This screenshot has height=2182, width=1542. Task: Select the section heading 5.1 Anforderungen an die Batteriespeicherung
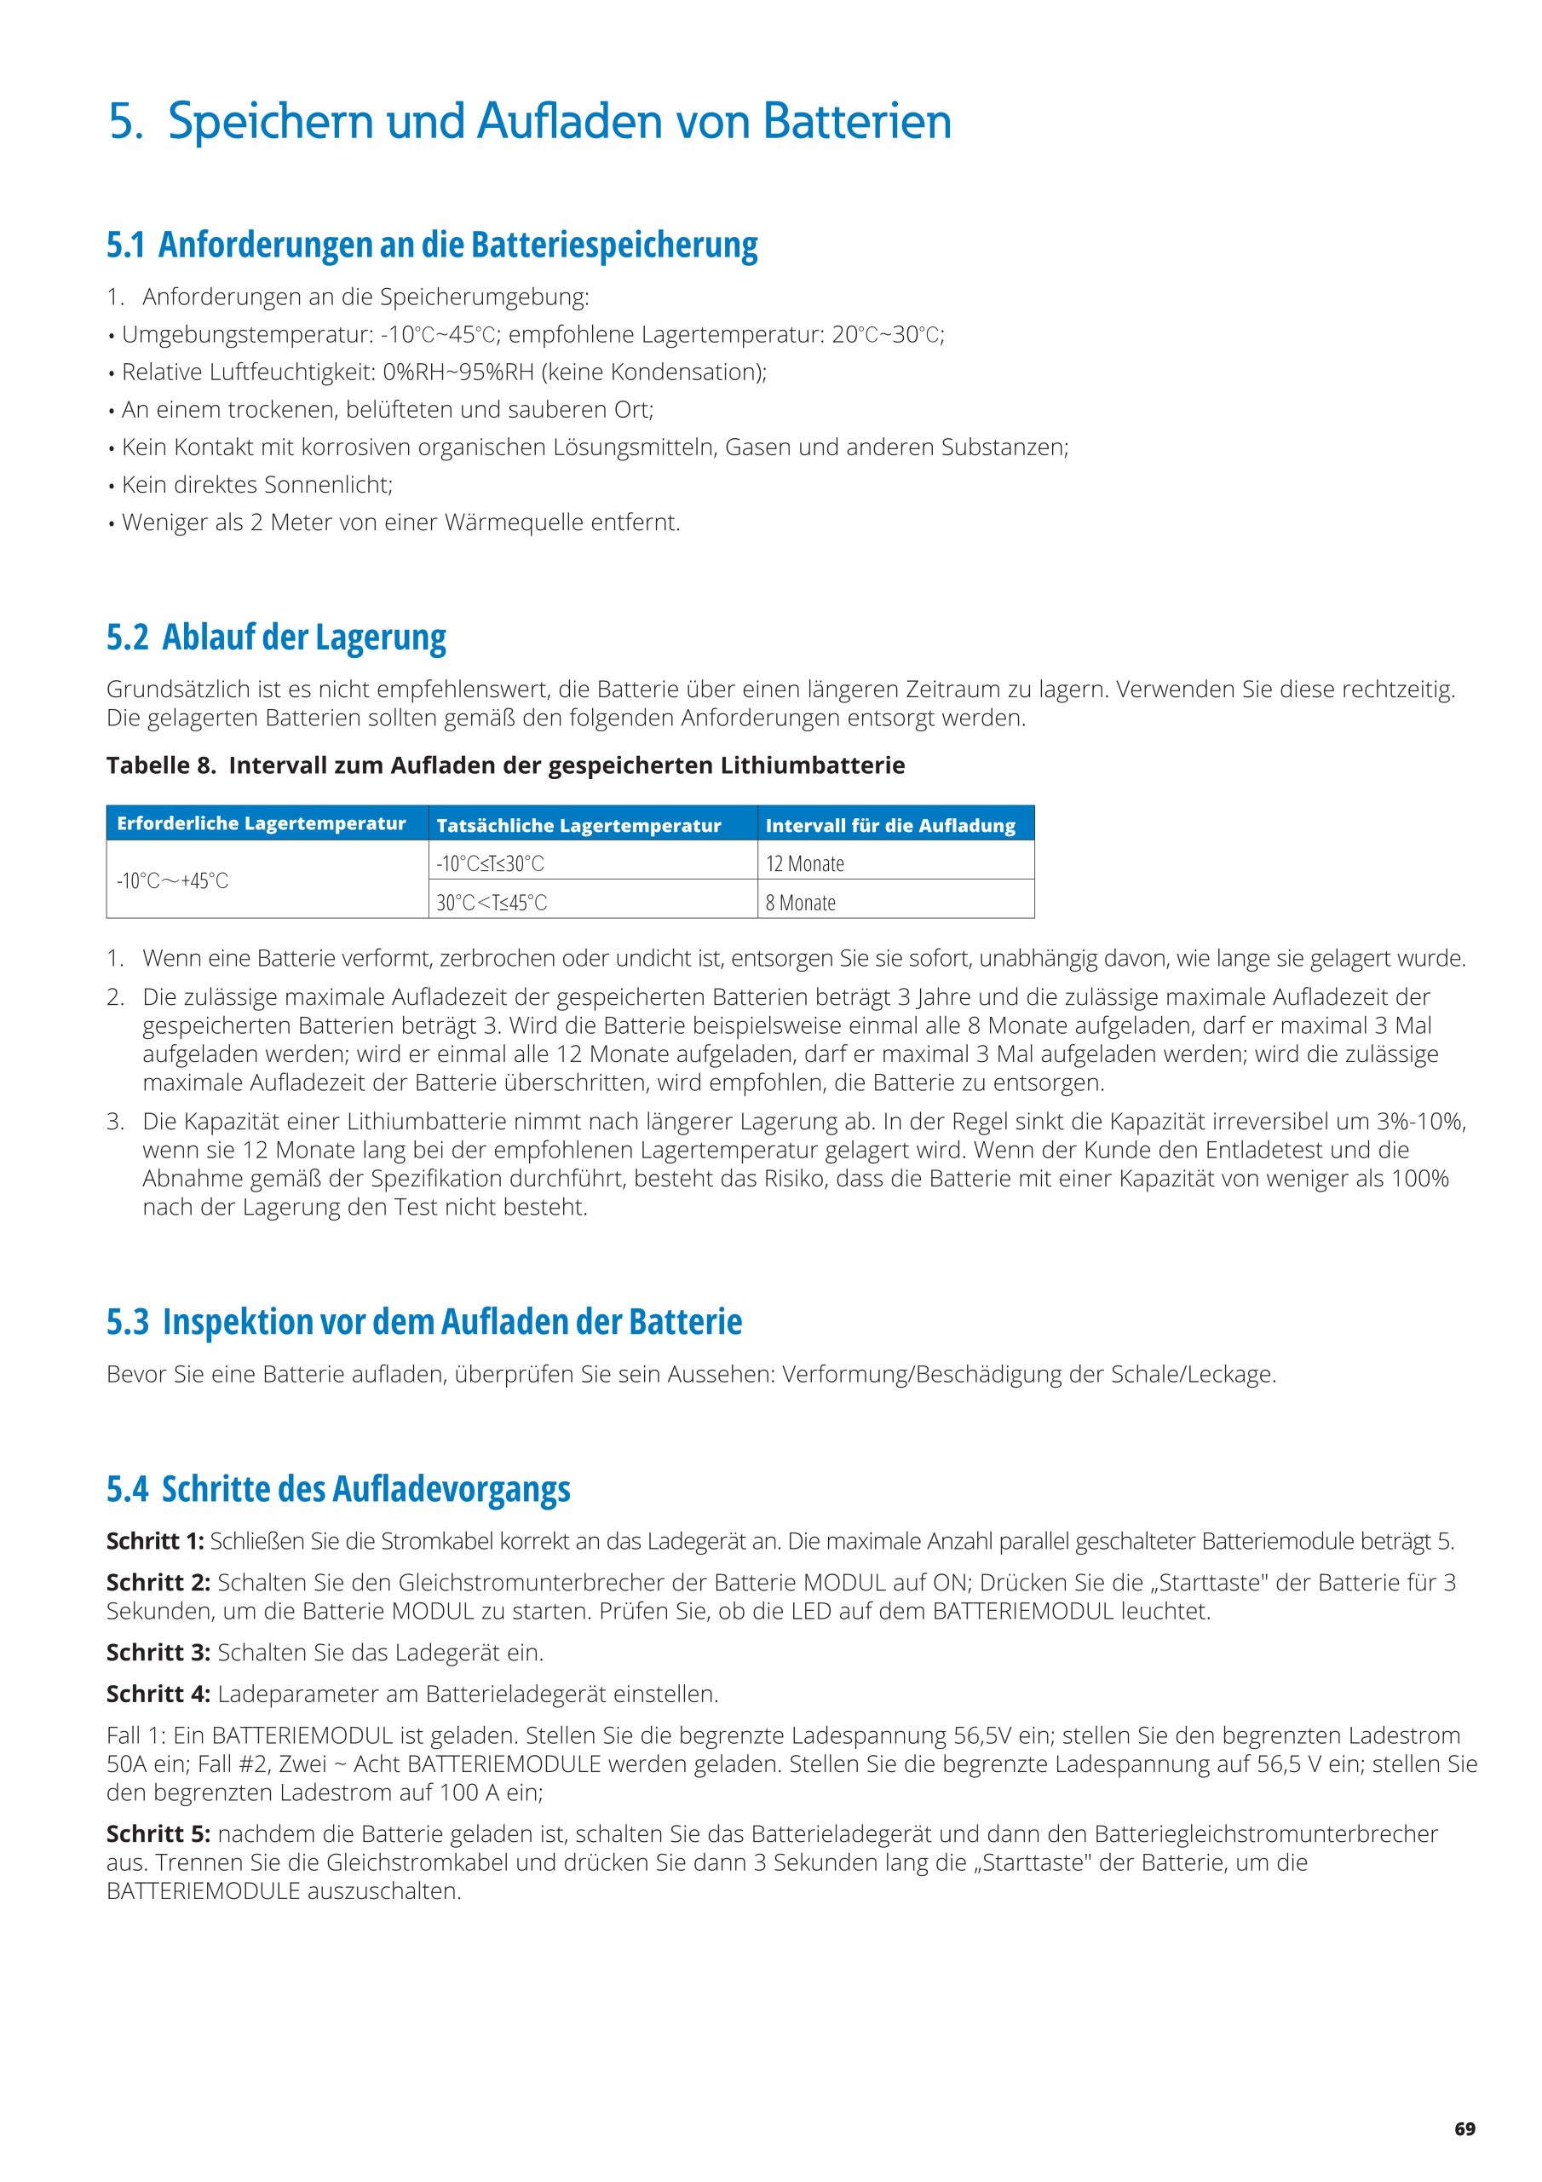point(432,245)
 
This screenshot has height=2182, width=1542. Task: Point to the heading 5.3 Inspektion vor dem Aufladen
point(423,1321)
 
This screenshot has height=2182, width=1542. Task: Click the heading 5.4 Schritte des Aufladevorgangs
point(338,1488)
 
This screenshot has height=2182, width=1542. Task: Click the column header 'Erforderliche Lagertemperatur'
point(262,824)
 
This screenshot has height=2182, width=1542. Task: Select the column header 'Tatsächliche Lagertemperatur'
point(578,826)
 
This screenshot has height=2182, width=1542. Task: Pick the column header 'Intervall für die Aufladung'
point(890,826)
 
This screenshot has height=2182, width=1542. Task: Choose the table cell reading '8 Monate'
point(800,903)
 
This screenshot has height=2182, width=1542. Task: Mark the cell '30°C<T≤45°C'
point(492,903)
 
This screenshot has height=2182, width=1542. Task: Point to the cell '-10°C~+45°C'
point(173,881)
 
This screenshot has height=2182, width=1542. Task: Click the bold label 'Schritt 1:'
point(155,1540)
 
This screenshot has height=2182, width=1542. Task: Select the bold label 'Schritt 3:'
point(158,1653)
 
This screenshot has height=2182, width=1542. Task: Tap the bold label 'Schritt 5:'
point(158,1833)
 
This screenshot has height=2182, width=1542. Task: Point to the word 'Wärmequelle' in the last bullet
point(503,522)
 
